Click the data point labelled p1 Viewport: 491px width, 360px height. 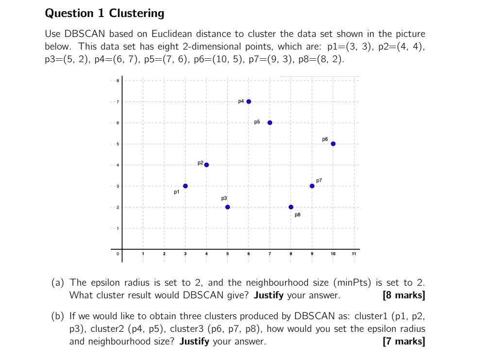(x=185, y=186)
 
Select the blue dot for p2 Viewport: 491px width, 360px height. (x=206, y=165)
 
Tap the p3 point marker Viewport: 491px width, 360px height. (x=227, y=207)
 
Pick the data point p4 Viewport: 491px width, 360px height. (x=249, y=102)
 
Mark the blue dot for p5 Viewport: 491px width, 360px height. (x=270, y=122)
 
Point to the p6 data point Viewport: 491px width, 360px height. (x=333, y=144)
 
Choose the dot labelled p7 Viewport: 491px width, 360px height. (x=312, y=186)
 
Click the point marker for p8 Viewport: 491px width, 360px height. (x=291, y=207)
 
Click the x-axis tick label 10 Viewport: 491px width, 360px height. (x=333, y=254)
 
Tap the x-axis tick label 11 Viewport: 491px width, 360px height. (x=354, y=254)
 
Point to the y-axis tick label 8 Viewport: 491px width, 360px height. (x=117, y=81)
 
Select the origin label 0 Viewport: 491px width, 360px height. (x=117, y=254)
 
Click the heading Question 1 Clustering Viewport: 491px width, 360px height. (x=104, y=14)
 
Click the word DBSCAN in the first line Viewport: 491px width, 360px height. (x=86, y=34)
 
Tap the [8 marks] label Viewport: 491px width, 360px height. (x=404, y=295)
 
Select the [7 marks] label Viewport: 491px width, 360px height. (x=404, y=341)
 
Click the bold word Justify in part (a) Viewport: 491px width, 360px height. (x=268, y=295)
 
